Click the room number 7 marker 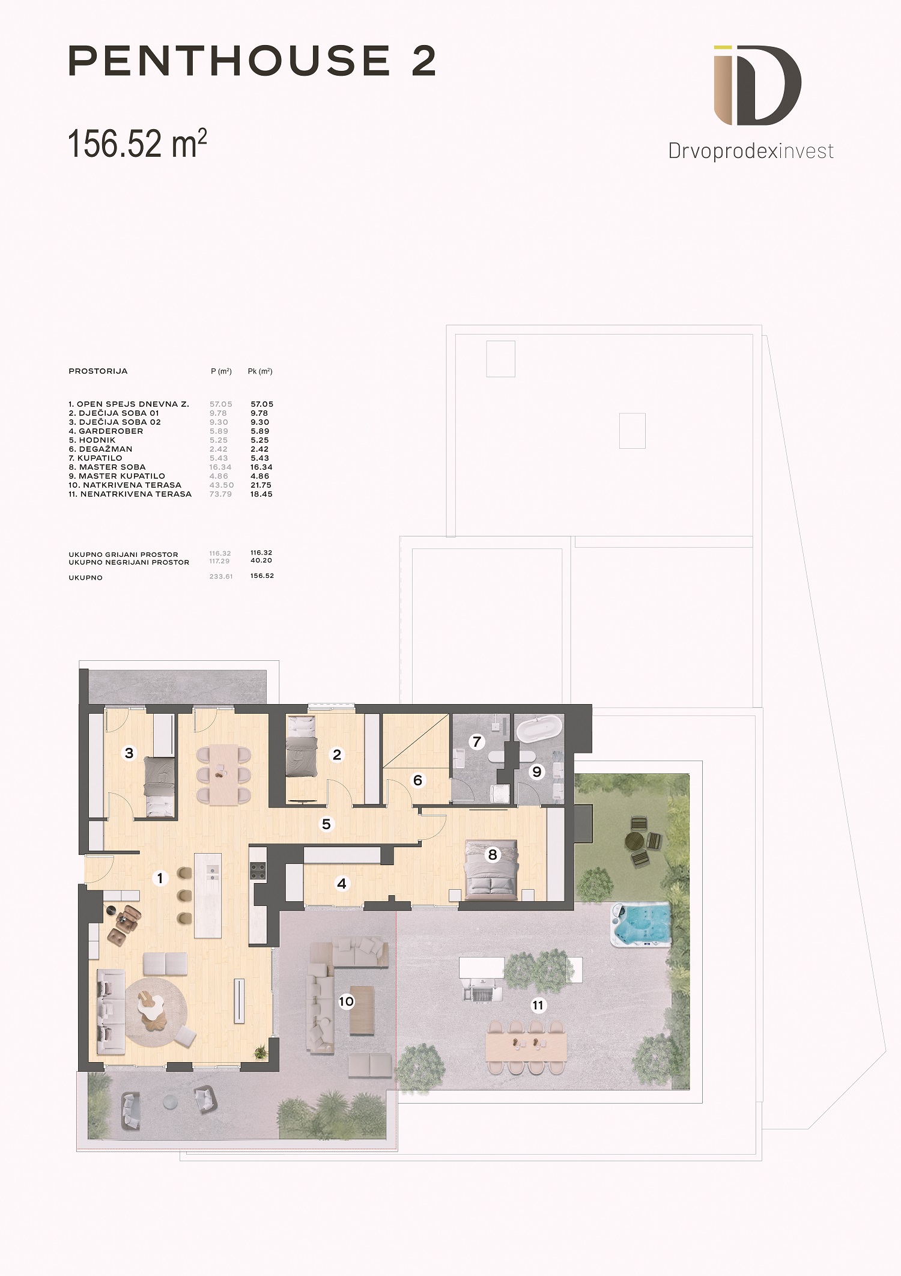[x=477, y=741]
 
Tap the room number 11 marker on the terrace [x=538, y=1004]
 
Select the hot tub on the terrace [x=640, y=924]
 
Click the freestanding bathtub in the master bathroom [x=540, y=729]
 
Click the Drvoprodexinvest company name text [x=751, y=151]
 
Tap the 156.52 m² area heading [x=138, y=144]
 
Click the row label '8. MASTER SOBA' [x=108, y=467]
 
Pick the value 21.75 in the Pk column [x=260, y=485]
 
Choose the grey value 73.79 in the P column [x=220, y=494]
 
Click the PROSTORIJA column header [x=98, y=371]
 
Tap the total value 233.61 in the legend [x=221, y=577]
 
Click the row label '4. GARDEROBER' [x=106, y=431]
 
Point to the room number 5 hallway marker [x=326, y=824]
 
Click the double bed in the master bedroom [x=491, y=869]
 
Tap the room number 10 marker [x=346, y=1001]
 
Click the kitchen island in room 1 [x=208, y=895]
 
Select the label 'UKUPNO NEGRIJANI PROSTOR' [x=129, y=562]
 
